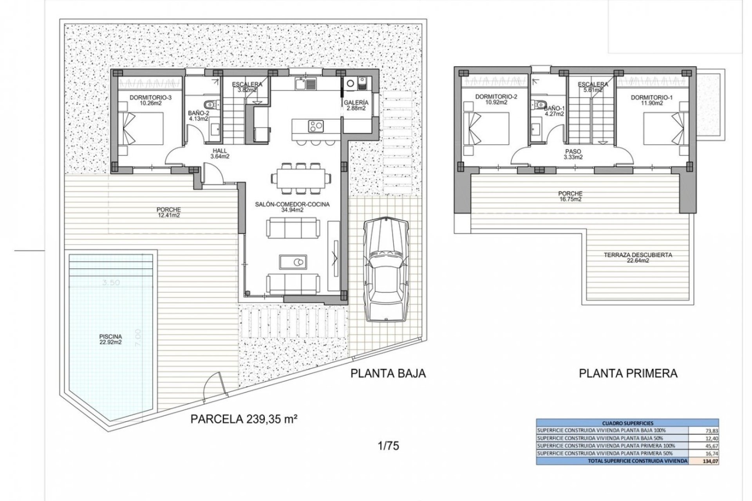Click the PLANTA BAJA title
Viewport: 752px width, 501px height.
click(388, 373)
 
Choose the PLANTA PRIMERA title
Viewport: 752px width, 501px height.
click(628, 373)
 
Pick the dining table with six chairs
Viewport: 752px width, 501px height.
click(300, 178)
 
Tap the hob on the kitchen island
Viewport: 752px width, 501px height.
click(316, 126)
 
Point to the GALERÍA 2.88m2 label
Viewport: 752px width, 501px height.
click(356, 105)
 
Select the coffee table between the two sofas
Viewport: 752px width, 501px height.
click(293, 261)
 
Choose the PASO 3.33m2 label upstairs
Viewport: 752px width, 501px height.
click(573, 154)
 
